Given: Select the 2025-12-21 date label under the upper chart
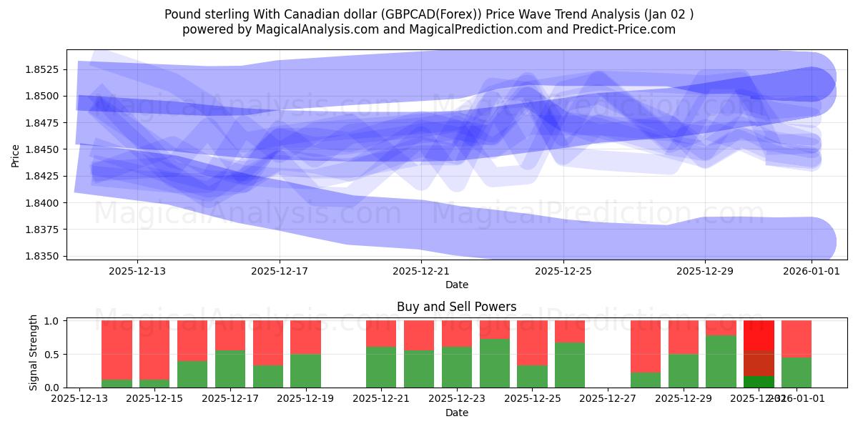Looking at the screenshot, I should point(421,272).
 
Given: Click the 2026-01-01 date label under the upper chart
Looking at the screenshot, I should point(812,272).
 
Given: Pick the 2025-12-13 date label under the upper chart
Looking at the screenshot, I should point(138,272).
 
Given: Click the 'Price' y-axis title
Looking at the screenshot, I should point(16,154).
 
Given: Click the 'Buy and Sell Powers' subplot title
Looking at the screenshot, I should point(457,307).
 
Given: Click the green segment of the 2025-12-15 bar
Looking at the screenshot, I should point(154,383).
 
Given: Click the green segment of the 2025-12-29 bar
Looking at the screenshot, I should point(684,370).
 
